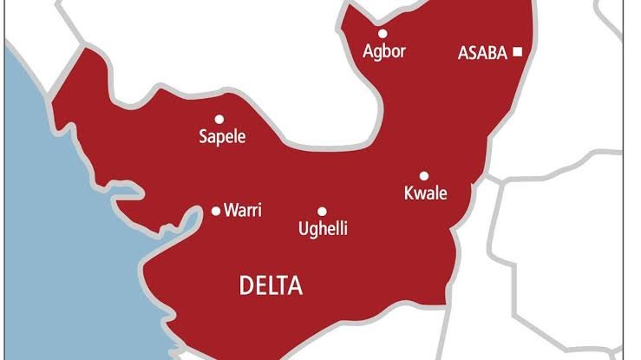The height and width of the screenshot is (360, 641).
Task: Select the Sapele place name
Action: [222, 137]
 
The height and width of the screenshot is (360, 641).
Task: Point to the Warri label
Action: [243, 210]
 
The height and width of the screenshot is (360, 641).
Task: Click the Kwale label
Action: [426, 193]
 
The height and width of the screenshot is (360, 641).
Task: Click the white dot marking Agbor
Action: [382, 34]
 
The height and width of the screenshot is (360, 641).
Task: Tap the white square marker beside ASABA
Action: [518, 52]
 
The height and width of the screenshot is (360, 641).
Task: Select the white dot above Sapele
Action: [219, 119]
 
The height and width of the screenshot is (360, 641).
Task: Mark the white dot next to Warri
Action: [216, 210]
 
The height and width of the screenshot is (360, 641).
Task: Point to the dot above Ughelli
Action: [322, 211]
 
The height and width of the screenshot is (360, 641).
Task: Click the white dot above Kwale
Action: [424, 175]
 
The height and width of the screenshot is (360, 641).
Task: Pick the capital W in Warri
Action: [231, 210]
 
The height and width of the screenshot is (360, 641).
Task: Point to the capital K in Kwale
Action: [409, 193]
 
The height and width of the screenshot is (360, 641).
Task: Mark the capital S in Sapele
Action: [203, 137]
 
